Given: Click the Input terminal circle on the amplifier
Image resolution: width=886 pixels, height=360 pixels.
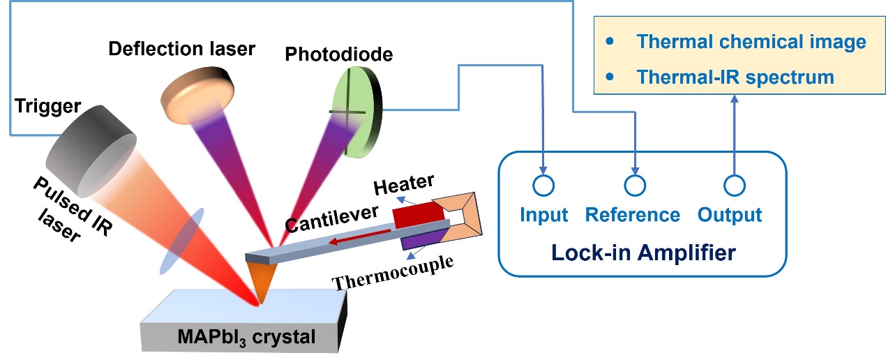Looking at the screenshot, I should [x=543, y=186].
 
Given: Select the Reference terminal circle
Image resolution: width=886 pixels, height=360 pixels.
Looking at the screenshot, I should [x=633, y=186].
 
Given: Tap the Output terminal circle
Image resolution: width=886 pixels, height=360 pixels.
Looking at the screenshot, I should [x=734, y=186].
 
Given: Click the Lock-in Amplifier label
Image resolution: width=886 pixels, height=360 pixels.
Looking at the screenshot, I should [x=643, y=251].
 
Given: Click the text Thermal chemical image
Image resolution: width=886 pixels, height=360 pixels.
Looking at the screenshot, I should [x=751, y=42].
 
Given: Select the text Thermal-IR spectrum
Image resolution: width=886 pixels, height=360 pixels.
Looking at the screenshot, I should [x=735, y=77].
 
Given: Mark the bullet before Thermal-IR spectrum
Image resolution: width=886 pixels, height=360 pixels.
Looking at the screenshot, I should [x=611, y=76].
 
